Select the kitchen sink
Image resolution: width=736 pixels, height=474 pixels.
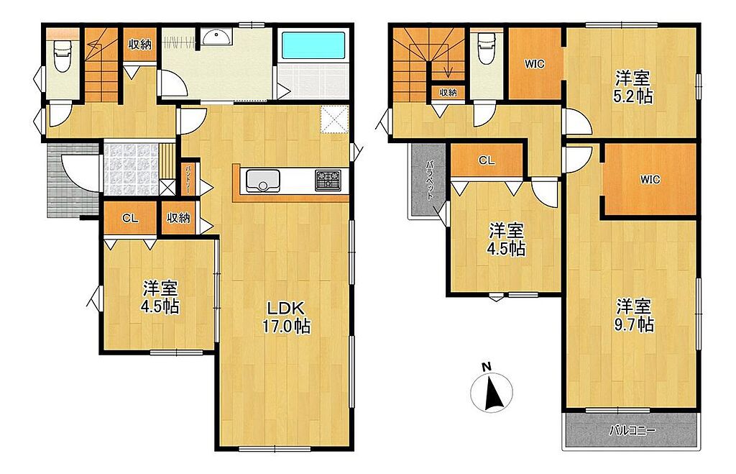[261, 181]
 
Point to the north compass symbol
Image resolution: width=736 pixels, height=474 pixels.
[492, 388]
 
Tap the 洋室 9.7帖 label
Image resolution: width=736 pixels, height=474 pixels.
[634, 316]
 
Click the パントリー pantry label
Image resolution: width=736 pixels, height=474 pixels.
[188, 178]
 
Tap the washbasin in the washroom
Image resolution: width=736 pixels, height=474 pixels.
[216, 37]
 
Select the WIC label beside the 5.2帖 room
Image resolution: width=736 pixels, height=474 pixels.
[535, 64]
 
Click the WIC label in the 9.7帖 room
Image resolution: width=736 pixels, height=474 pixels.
[650, 179]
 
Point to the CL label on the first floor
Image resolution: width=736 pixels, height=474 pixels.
[130, 218]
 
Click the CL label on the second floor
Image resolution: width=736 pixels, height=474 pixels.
[487, 160]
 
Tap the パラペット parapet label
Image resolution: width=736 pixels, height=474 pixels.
[429, 181]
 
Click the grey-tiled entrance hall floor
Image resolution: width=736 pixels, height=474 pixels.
[131, 168]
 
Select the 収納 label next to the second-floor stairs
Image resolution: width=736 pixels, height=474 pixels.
[448, 93]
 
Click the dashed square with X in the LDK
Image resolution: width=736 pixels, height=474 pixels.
[334, 120]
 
